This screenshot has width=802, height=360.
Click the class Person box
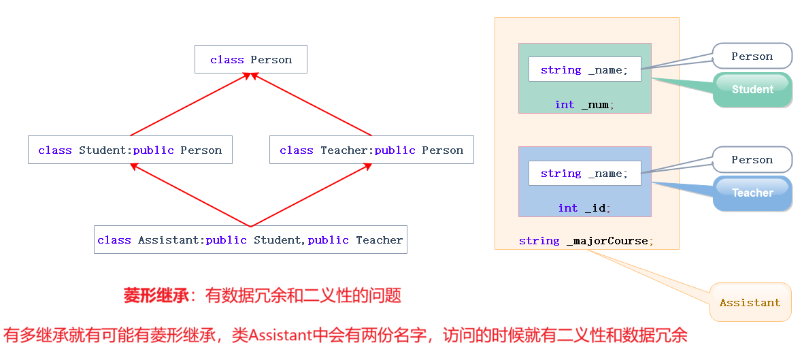(250, 59)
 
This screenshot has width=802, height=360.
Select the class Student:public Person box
(130, 150)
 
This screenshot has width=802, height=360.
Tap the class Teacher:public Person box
(371, 150)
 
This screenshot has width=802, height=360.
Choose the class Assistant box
(250, 240)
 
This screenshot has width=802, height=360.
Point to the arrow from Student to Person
(190, 105)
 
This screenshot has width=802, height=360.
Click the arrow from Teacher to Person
(312, 105)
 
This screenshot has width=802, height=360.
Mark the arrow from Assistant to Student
(190, 195)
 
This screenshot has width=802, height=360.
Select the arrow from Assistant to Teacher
(312, 195)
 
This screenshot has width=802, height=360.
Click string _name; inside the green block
(584, 69)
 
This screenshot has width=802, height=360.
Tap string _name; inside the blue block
(584, 173)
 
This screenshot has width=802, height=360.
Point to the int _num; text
(584, 105)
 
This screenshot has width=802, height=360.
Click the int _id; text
(584, 208)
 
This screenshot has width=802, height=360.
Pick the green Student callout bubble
(752, 90)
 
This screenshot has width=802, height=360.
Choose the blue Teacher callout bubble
(752, 193)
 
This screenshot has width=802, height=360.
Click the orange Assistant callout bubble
(750, 302)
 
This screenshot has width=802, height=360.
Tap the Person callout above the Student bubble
(752, 56)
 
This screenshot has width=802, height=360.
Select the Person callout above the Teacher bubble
(752, 159)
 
